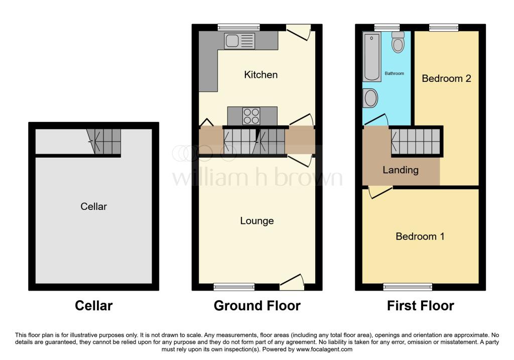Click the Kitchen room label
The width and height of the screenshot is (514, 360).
pyautogui.click(x=261, y=75)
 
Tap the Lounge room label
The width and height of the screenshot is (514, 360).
pyautogui.click(x=256, y=221)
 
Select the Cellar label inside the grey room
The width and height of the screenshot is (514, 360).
pyautogui.click(x=94, y=206)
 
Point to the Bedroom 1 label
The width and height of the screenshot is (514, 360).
pyautogui.click(x=420, y=236)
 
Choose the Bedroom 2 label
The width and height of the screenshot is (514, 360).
pyautogui.click(x=446, y=78)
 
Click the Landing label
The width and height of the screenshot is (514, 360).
pyautogui.click(x=401, y=170)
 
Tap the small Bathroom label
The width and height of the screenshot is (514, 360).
pyautogui.click(x=394, y=73)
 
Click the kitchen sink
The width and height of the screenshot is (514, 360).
pyautogui.click(x=239, y=42)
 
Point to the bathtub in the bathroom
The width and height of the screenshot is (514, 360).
pyautogui.click(x=371, y=57)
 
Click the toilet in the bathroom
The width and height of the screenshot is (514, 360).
pyautogui.click(x=398, y=43)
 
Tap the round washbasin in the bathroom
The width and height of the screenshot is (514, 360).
pyautogui.click(x=370, y=97)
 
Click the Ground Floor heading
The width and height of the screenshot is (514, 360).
pyautogui.click(x=257, y=306)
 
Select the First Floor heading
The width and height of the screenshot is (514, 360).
pyautogui.click(x=421, y=306)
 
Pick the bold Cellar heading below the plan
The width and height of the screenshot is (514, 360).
pyautogui.click(x=94, y=306)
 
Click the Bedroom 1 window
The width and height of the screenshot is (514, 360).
pyautogui.click(x=408, y=287)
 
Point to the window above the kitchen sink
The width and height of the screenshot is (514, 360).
pyautogui.click(x=238, y=27)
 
